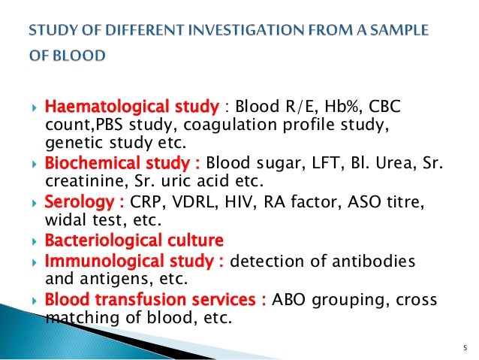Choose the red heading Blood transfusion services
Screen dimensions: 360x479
[x=156, y=300]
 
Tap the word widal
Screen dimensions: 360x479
[x=67, y=221]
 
